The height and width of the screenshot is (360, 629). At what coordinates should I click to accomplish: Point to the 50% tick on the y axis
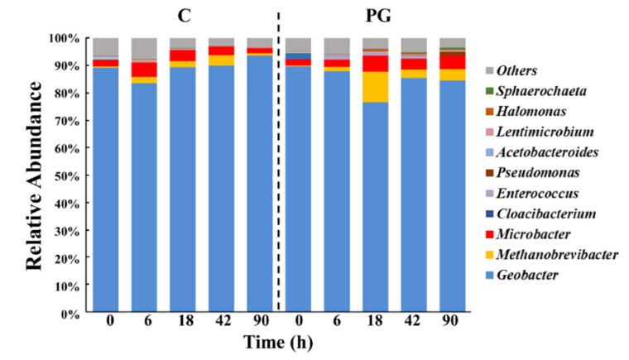tap(67, 176)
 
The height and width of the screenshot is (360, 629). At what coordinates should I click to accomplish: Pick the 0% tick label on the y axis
tap(69, 314)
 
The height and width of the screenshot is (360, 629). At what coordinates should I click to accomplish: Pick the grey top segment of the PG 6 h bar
tap(336, 46)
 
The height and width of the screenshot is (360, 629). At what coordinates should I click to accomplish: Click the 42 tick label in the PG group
tap(413, 323)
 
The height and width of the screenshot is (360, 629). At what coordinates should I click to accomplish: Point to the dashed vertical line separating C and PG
tap(278, 166)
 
